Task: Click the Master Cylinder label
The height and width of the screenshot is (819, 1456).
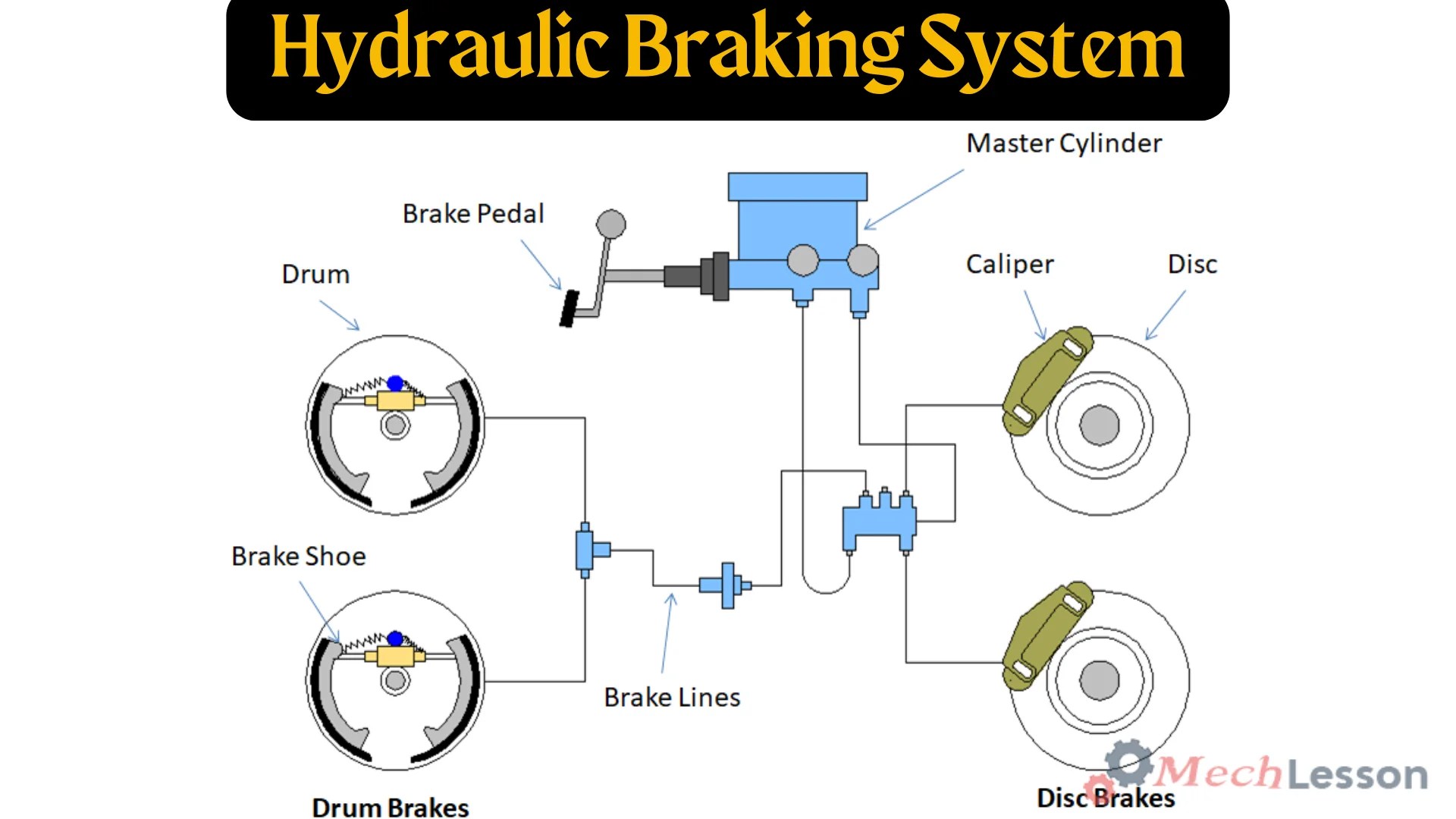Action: pos(1063,143)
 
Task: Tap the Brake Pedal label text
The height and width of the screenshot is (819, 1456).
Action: pos(473,214)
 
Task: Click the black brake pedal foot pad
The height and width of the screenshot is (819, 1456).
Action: pos(569,308)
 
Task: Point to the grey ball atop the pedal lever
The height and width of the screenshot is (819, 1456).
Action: pos(611,224)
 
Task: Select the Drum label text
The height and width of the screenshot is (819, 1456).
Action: pos(315,275)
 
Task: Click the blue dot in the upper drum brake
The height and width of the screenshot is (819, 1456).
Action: pos(395,383)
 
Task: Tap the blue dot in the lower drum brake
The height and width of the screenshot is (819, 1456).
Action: pos(395,639)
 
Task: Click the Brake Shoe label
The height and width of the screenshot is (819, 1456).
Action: pos(298,557)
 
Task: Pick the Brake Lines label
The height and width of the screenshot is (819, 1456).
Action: pos(672,698)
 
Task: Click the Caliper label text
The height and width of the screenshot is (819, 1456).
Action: pos(1009,265)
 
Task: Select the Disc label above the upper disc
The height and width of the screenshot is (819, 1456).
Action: pos(1192,265)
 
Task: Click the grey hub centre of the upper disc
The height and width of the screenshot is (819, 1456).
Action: pos(1100,425)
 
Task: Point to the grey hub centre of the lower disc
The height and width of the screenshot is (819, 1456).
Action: pos(1100,679)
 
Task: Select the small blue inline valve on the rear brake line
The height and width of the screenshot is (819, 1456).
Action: pos(726,585)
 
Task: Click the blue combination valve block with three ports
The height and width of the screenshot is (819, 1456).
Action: pos(879,522)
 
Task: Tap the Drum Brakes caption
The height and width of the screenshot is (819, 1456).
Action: pos(391,808)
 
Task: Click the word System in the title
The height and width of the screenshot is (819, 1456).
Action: pos(1052,49)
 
